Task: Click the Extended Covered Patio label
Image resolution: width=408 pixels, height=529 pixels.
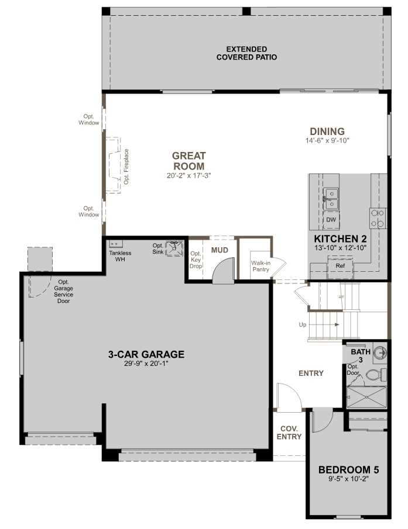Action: (246, 53)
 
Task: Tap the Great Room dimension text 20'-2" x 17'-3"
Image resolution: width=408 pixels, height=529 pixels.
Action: (188, 175)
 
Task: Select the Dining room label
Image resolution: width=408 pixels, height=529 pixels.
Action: (327, 132)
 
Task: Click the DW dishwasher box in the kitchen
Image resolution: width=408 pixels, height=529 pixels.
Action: (331, 219)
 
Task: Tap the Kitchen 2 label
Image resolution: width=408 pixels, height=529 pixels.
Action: (340, 239)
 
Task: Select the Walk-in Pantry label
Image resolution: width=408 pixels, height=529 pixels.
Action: (260, 266)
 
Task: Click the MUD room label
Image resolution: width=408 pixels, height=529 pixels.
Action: (219, 250)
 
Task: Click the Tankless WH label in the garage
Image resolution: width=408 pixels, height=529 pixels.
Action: (121, 256)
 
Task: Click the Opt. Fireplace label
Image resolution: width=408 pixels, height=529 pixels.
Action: (126, 167)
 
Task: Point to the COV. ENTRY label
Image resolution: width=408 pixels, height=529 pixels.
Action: (289, 433)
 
